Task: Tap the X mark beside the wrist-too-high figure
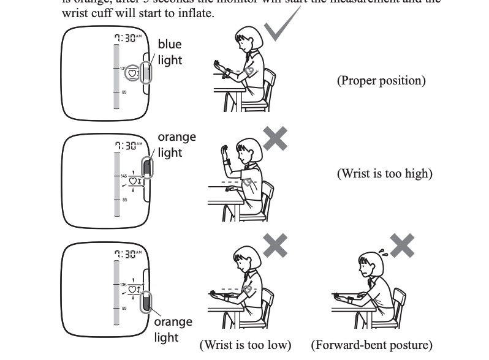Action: (x=275, y=138)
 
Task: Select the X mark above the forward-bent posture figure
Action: (x=402, y=246)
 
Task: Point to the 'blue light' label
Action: (x=170, y=52)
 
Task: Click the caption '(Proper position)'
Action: (x=381, y=80)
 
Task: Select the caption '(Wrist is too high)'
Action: (x=384, y=173)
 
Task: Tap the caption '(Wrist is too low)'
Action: (x=245, y=345)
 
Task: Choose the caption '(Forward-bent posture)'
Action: (x=371, y=345)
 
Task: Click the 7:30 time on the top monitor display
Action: (x=127, y=38)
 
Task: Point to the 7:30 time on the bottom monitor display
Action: (x=127, y=253)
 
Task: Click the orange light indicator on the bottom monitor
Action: (x=147, y=302)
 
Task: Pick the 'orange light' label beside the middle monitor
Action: (x=176, y=144)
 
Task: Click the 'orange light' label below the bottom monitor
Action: (x=172, y=329)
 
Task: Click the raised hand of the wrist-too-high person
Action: (x=223, y=151)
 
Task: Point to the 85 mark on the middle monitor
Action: (x=124, y=200)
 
